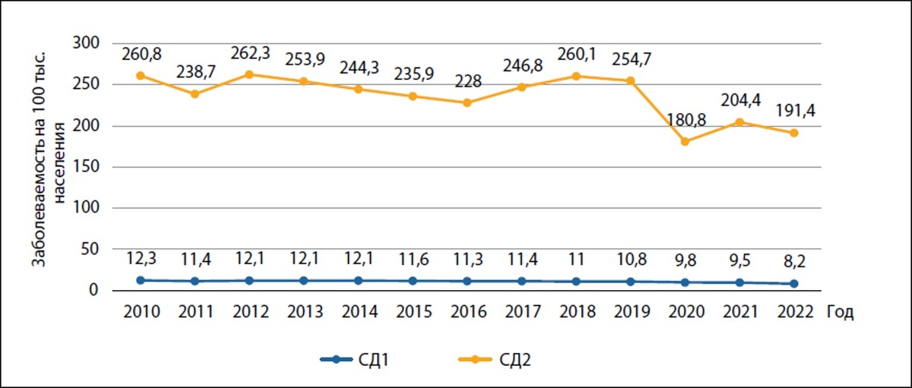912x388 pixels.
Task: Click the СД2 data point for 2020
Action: (x=685, y=141)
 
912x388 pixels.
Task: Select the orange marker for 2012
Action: (x=250, y=74)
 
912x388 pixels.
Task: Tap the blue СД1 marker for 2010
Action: (x=141, y=280)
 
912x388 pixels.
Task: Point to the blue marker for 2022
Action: (x=793, y=284)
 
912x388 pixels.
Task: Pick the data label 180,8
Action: (x=685, y=121)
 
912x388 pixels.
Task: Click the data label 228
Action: (x=467, y=82)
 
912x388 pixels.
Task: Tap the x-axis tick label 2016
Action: (x=467, y=312)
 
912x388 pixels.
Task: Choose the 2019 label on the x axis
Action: (x=630, y=312)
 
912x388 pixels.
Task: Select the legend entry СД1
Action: (x=361, y=360)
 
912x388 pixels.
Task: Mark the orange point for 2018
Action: (x=576, y=76)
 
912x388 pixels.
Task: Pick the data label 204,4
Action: (x=739, y=102)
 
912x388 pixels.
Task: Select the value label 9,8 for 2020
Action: (x=685, y=260)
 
